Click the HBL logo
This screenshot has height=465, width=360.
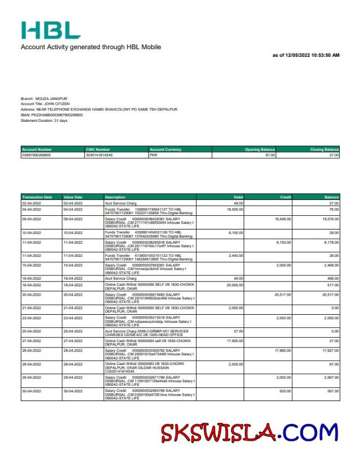[x=51, y=30]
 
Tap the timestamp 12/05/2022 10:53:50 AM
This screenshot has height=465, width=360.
[x=306, y=55]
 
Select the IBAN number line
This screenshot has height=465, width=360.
[x=52, y=115]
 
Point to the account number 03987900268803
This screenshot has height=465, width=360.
[x=37, y=155]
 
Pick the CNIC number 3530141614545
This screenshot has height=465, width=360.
[x=99, y=155]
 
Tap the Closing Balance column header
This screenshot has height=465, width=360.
[x=324, y=149]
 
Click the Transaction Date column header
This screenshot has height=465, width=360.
[x=37, y=197]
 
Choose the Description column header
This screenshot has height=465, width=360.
[x=115, y=197]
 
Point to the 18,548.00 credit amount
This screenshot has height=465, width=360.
[x=283, y=219]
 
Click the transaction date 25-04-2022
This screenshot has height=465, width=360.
[x=31, y=331]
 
